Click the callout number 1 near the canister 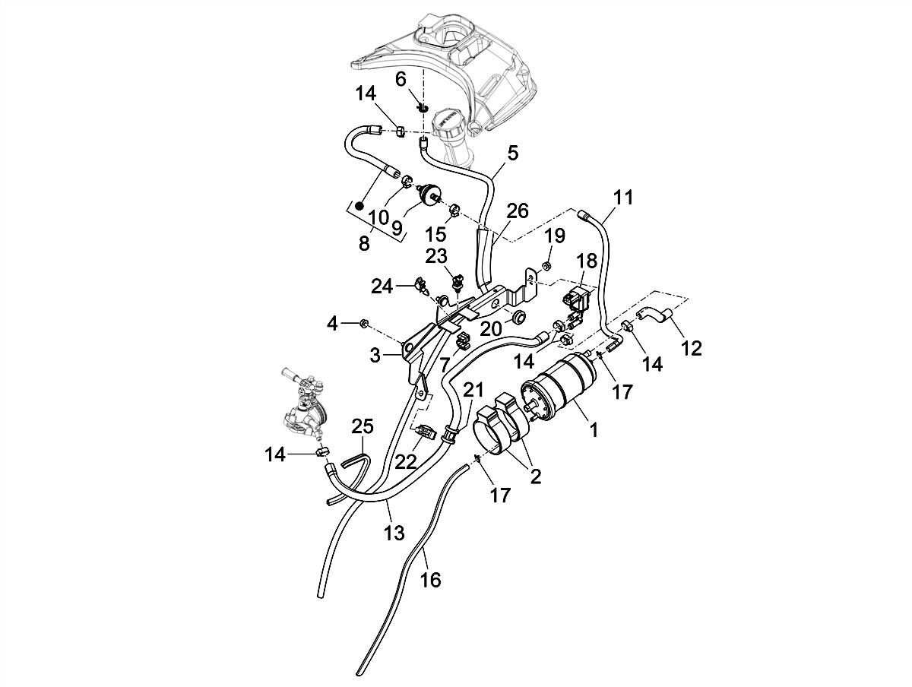[x=594, y=429]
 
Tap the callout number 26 [x=517, y=210]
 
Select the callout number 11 [x=622, y=199]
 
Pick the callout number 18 [x=587, y=261]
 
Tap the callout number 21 [x=473, y=391]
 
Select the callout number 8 [x=363, y=243]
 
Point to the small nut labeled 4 [x=363, y=325]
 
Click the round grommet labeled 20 [x=521, y=316]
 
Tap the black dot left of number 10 [x=359, y=205]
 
